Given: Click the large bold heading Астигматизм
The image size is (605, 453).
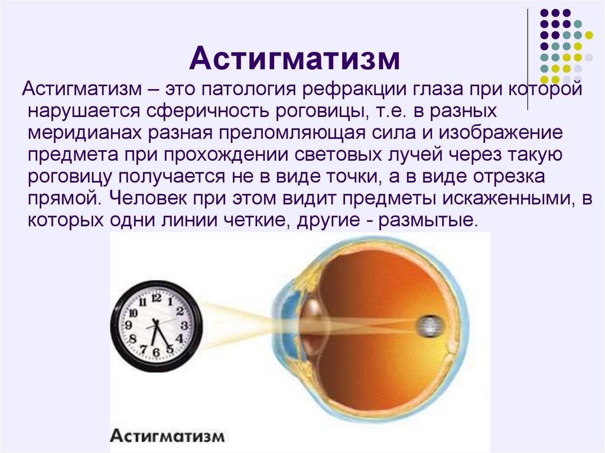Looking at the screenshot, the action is pos(294,58).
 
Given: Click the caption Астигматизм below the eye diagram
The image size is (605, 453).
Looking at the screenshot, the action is pos(167,436).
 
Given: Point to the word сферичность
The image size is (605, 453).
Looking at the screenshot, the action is pos(207,112).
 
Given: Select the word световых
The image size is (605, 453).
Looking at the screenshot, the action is pos(338,155).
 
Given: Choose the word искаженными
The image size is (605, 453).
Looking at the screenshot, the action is pos(509,198).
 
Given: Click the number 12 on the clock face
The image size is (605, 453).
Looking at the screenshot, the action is pos(156,298).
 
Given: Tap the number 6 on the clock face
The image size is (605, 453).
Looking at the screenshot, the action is pos(156,351).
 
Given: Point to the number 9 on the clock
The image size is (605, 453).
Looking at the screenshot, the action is pos(128,324).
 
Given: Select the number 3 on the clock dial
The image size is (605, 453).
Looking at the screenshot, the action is pos(184,325).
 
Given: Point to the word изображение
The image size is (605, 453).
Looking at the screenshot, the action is pos(500,133).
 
